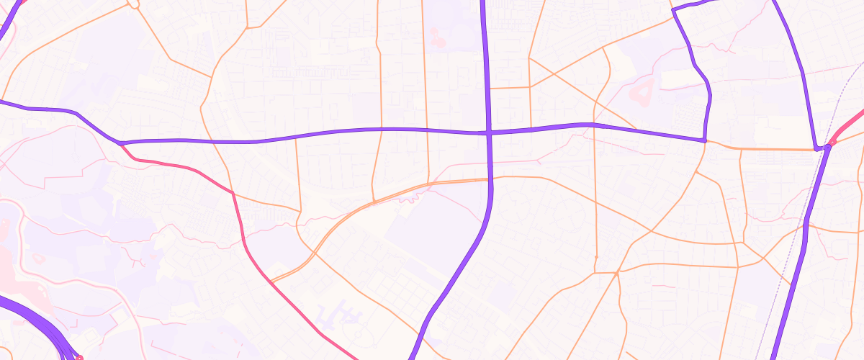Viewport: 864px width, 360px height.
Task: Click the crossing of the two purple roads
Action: (489, 132)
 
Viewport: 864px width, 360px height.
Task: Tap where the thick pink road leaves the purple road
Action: (120, 144)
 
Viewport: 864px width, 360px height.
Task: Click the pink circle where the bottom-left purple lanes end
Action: (79, 357)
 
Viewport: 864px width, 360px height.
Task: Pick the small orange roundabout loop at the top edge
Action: (132, 4)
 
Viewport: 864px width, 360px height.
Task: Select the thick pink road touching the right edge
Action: (850, 122)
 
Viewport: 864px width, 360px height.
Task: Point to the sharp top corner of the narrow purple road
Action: (673, 10)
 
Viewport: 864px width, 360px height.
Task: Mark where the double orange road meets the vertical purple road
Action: (489, 179)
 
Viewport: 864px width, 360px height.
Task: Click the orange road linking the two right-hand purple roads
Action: (763, 148)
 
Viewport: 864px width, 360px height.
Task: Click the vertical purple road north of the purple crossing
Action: (485, 58)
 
